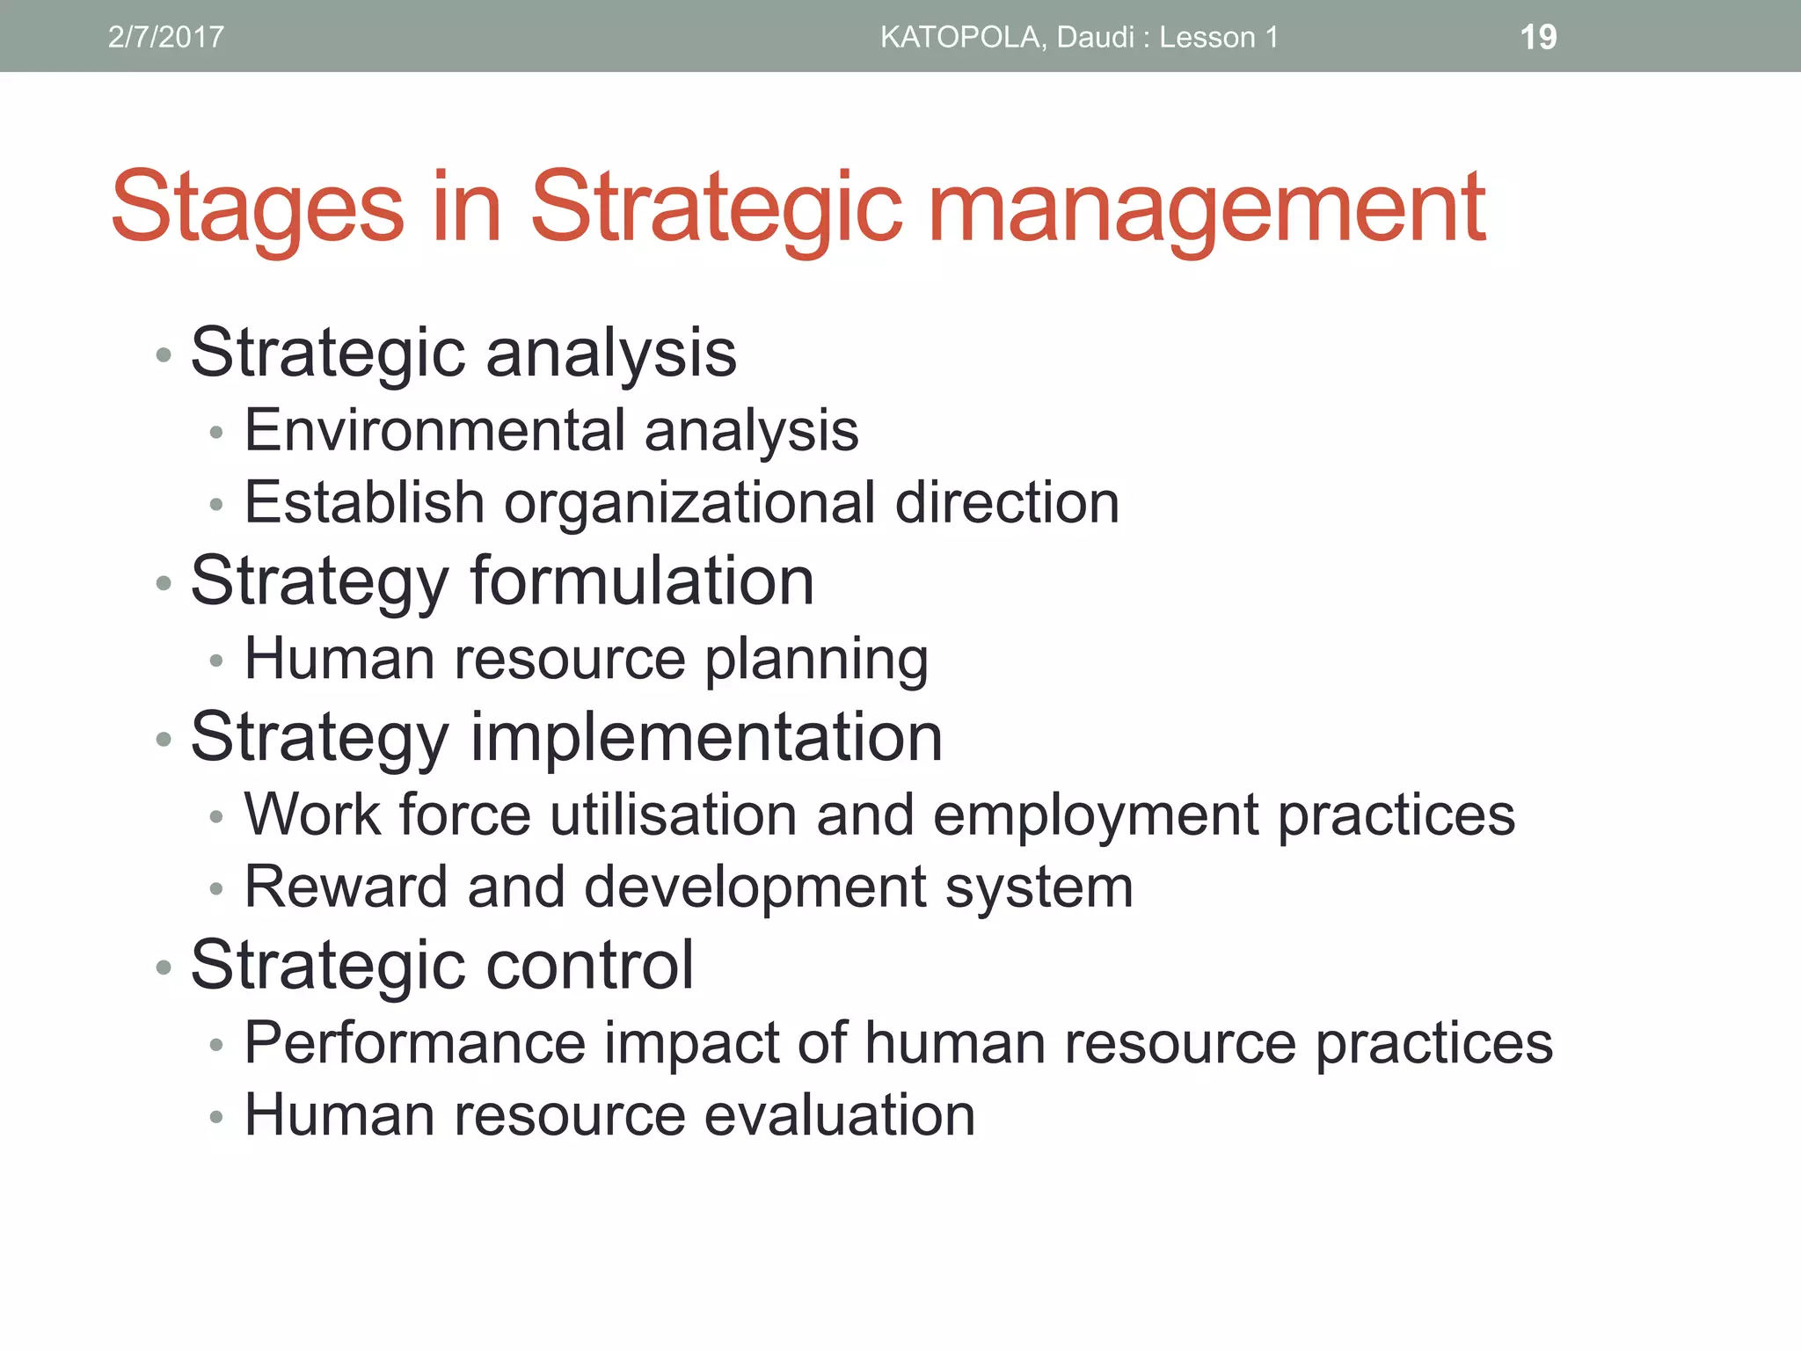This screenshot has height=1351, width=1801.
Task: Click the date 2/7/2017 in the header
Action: click(165, 37)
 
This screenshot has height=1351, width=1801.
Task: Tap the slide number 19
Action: click(1538, 37)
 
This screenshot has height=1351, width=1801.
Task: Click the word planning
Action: click(816, 660)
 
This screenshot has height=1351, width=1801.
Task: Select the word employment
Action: click(1096, 816)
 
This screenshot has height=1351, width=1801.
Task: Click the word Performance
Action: click(415, 1043)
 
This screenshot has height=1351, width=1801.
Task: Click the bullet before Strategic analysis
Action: click(163, 355)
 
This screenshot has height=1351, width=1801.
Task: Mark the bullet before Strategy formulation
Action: click(163, 583)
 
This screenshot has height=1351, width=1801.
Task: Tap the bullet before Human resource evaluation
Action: click(216, 1118)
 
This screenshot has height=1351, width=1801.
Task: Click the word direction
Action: click(1007, 503)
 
